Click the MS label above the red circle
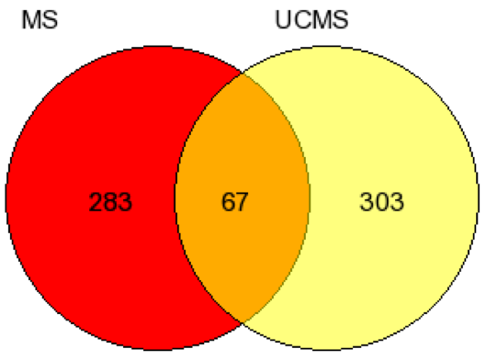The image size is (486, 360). pos(40,20)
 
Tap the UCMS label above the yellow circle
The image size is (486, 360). pos(311,20)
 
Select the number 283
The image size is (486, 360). pos(110,202)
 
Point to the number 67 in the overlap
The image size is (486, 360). pos(234,202)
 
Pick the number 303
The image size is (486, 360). pos(381,202)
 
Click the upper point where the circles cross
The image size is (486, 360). pos(243,74)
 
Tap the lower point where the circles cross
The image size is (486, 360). pos(243,322)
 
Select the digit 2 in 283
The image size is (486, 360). pos(96,202)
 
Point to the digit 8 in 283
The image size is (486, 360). pos(110,202)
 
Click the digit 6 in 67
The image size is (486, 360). pos(228,202)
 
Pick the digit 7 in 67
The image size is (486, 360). pos(242,202)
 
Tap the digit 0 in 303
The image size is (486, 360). pos(382,202)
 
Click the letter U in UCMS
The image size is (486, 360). pos(282,20)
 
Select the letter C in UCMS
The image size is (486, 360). pos(300,20)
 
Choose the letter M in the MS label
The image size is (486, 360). pos(30,20)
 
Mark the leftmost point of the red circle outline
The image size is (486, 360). pos(6,198)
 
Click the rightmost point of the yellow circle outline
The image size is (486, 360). pos(479,198)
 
